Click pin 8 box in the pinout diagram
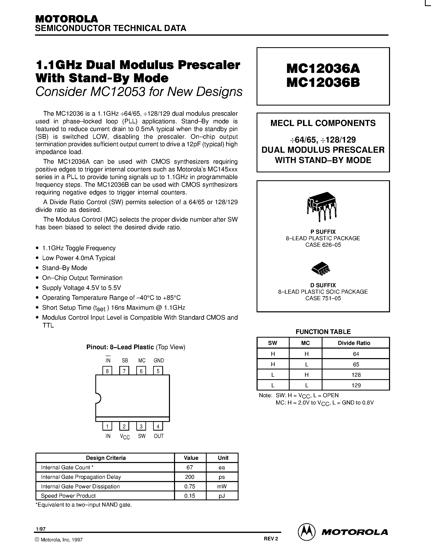click(107, 371)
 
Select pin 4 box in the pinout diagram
click(158, 426)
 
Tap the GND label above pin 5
click(159, 360)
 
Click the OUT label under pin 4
click(159, 436)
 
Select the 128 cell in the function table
click(356, 375)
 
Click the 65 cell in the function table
click(356, 364)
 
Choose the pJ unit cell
click(222, 496)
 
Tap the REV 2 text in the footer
click(271, 539)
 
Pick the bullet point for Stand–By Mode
click(38, 268)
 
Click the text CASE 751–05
click(323, 298)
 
